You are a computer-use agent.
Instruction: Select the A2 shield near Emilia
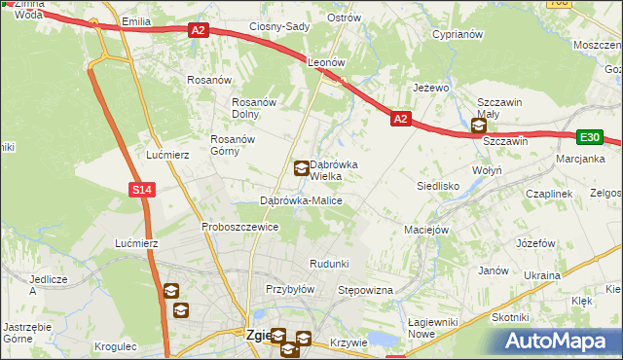(199, 31)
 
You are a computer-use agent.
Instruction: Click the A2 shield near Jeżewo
(400, 119)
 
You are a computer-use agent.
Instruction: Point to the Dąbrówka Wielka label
(333, 170)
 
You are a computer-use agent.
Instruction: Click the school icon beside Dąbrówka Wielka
(302, 168)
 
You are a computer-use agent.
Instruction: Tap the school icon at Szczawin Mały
(478, 126)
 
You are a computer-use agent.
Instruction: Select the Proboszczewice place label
(240, 227)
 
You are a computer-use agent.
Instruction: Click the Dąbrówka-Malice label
(301, 200)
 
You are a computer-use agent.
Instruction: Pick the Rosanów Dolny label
(255, 108)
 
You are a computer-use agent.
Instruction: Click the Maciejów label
(425, 231)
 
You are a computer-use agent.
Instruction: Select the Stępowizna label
(364, 291)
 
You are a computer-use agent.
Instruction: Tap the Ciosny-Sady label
(278, 26)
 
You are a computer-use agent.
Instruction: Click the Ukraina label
(542, 275)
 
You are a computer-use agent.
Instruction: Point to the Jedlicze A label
(46, 284)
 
